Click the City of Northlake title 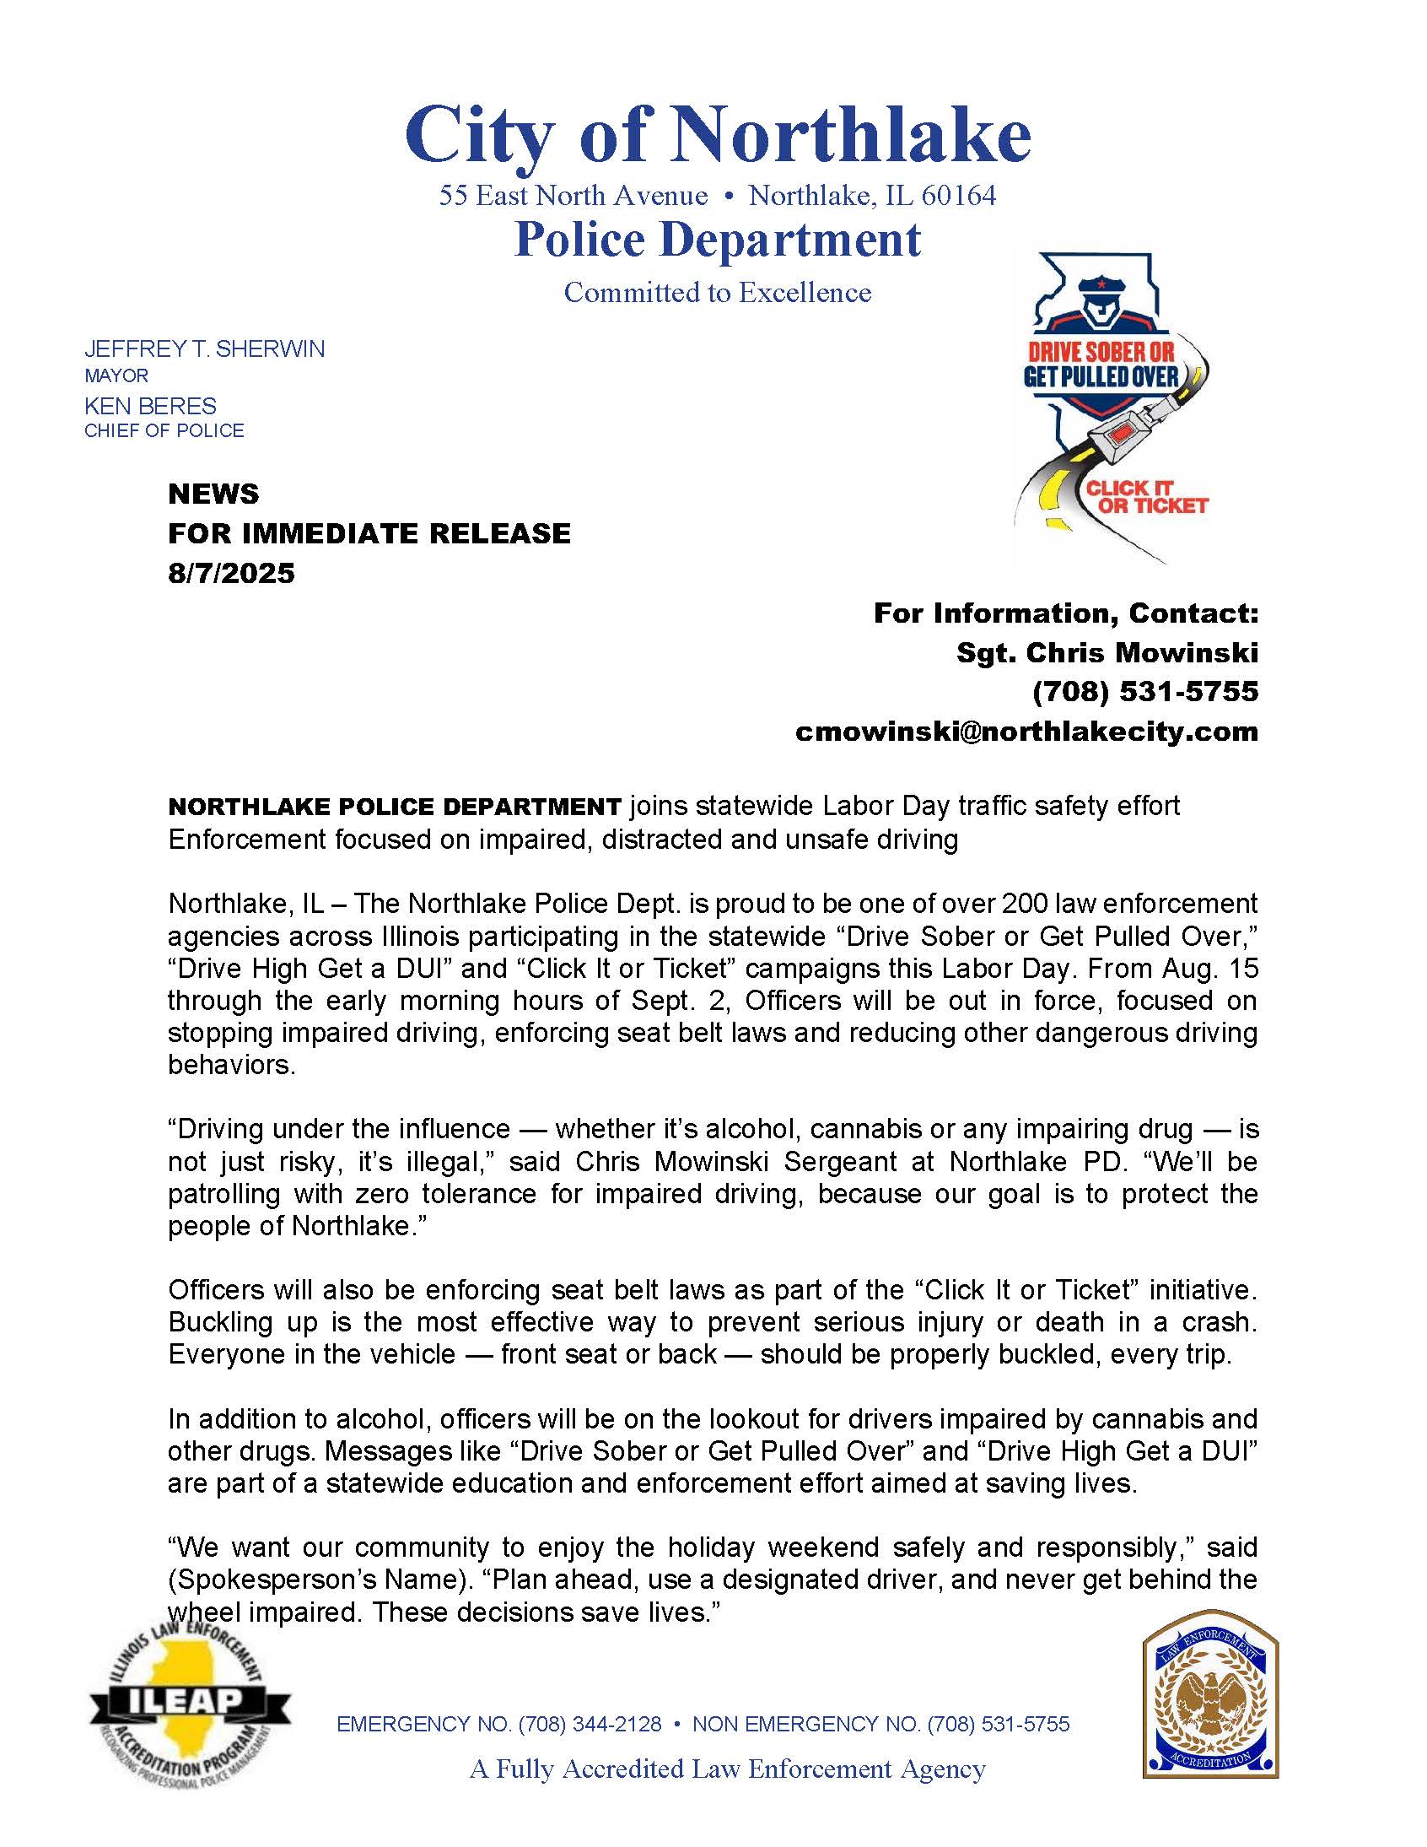coord(717,135)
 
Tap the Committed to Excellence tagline coord(717,293)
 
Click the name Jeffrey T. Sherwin coord(204,349)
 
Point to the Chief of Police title coord(164,430)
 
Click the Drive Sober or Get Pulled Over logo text coord(1101,365)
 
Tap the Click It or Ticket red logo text coord(1146,497)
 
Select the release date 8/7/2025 coord(231,574)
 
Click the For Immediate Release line coord(369,533)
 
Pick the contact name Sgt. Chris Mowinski coord(1107,652)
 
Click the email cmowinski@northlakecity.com coord(1026,731)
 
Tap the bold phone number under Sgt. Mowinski coord(1144,692)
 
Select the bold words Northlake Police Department coord(395,807)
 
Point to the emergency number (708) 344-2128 coord(590,1724)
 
